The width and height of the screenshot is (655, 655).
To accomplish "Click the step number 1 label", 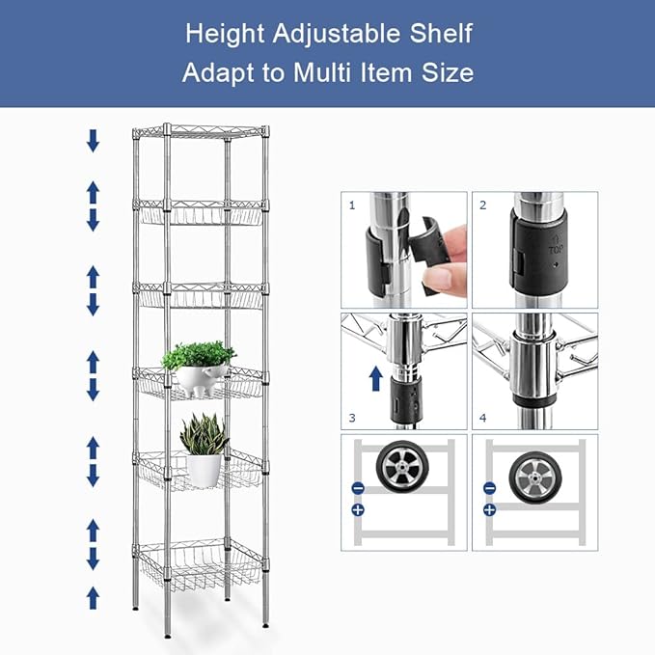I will [352, 205].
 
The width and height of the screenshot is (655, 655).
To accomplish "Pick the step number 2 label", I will [483, 205].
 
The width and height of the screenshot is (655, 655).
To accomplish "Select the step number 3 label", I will [352, 418].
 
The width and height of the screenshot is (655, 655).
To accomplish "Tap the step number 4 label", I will [483, 418].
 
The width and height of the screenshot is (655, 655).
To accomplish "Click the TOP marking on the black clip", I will [555, 247].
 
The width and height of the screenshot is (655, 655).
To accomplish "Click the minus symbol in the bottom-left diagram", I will [357, 488].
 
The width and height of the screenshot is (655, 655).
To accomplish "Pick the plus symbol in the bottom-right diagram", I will [489, 508].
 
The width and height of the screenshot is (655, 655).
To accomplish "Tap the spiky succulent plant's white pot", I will [204, 470].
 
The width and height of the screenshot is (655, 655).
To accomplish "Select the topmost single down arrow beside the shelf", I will [93, 141].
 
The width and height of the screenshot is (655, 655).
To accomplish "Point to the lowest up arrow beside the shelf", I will [93, 597].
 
